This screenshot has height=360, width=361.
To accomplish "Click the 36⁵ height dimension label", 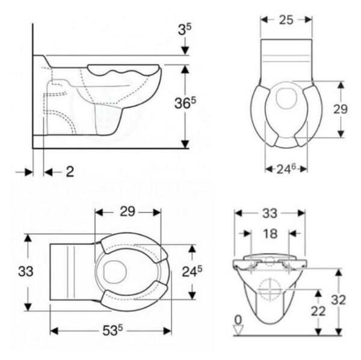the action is point(185,103).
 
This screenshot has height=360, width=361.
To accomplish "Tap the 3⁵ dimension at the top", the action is point(185,29).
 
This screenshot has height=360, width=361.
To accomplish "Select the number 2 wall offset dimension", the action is point(70,172).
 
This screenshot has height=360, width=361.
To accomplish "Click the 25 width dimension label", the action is point(286,20).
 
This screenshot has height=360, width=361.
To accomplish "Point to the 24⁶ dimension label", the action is point(286,169).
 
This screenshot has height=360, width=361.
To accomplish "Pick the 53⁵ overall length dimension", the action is point(113,331).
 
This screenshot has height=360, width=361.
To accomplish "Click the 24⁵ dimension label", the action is point(192,272).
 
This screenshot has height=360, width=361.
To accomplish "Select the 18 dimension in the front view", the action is point(270,234).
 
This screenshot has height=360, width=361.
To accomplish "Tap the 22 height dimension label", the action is point(318,311).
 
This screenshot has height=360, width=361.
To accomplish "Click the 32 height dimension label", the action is point(338,300).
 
